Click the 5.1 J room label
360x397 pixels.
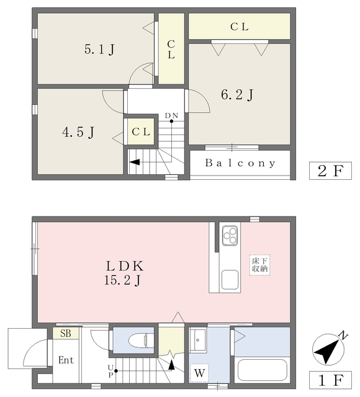point(99,49)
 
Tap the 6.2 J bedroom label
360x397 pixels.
point(237,95)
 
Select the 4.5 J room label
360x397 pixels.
point(78,132)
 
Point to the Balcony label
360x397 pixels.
point(240,163)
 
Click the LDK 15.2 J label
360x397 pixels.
point(124,273)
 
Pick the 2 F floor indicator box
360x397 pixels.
point(330,171)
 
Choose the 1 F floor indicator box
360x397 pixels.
point(330,380)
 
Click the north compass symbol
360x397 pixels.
point(328,349)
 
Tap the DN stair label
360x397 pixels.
point(171,116)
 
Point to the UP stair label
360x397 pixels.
point(110,371)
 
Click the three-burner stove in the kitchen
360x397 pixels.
point(230,236)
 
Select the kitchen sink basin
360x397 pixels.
point(230,280)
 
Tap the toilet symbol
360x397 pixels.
point(138,341)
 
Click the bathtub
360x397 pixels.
point(262,370)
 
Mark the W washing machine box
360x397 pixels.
point(199,373)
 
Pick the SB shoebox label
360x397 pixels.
point(66,333)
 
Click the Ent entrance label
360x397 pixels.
point(66,360)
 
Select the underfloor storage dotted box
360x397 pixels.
point(259,265)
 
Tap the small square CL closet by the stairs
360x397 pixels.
point(141,132)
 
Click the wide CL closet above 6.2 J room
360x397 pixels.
point(239,26)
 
